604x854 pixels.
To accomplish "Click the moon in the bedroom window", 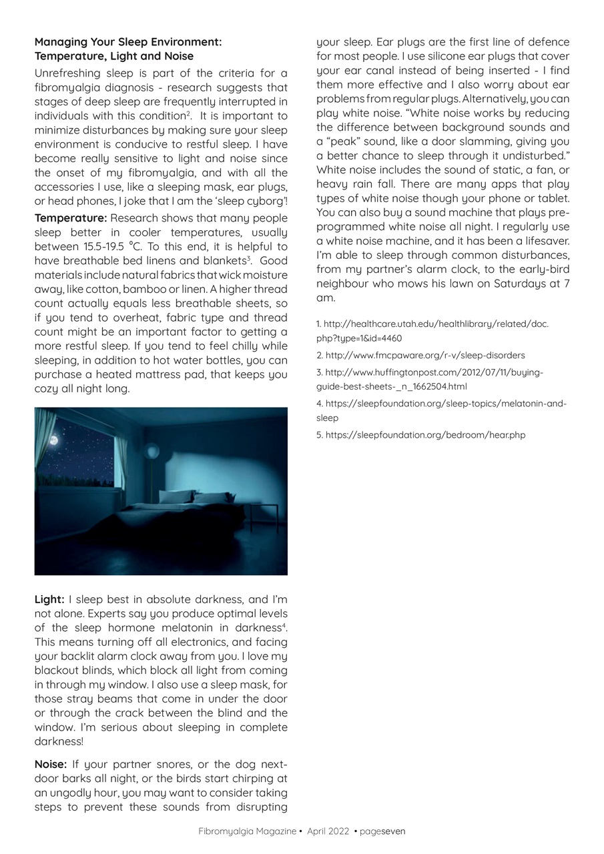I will click(54, 440).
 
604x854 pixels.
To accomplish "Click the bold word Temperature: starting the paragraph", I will click(70, 218).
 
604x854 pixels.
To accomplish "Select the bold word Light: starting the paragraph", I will click(49, 599).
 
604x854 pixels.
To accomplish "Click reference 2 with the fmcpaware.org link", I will click(420, 356).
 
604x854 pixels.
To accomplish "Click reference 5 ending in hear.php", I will click(420, 435).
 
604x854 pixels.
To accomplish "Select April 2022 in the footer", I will click(328, 831).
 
